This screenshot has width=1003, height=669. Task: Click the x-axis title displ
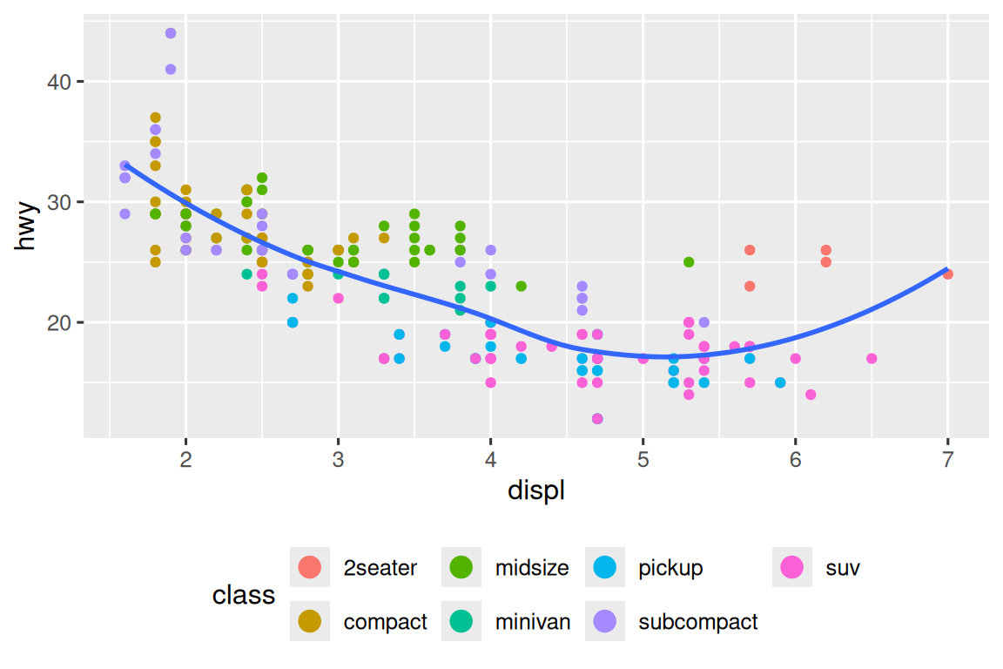[x=536, y=490]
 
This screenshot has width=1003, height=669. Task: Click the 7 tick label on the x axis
[x=947, y=459]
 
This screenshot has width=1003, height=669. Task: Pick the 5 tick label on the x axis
[x=643, y=459]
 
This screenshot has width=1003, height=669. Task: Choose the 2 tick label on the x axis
[x=185, y=459]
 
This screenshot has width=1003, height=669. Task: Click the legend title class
[x=244, y=595]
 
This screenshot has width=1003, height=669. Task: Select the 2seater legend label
[x=380, y=569]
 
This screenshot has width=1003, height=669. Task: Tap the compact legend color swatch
[x=309, y=622]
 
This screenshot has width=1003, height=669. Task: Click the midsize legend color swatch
[x=461, y=568]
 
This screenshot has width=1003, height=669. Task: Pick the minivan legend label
[x=533, y=622]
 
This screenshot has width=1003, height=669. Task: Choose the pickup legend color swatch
[x=605, y=568]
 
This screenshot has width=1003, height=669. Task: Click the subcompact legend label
[x=697, y=622]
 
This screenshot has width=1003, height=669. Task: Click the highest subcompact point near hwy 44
[x=171, y=33]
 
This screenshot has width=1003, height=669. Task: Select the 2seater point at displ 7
[x=947, y=274]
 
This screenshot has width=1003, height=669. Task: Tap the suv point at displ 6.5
[x=872, y=358]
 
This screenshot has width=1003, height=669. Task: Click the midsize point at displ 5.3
[x=689, y=262]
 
